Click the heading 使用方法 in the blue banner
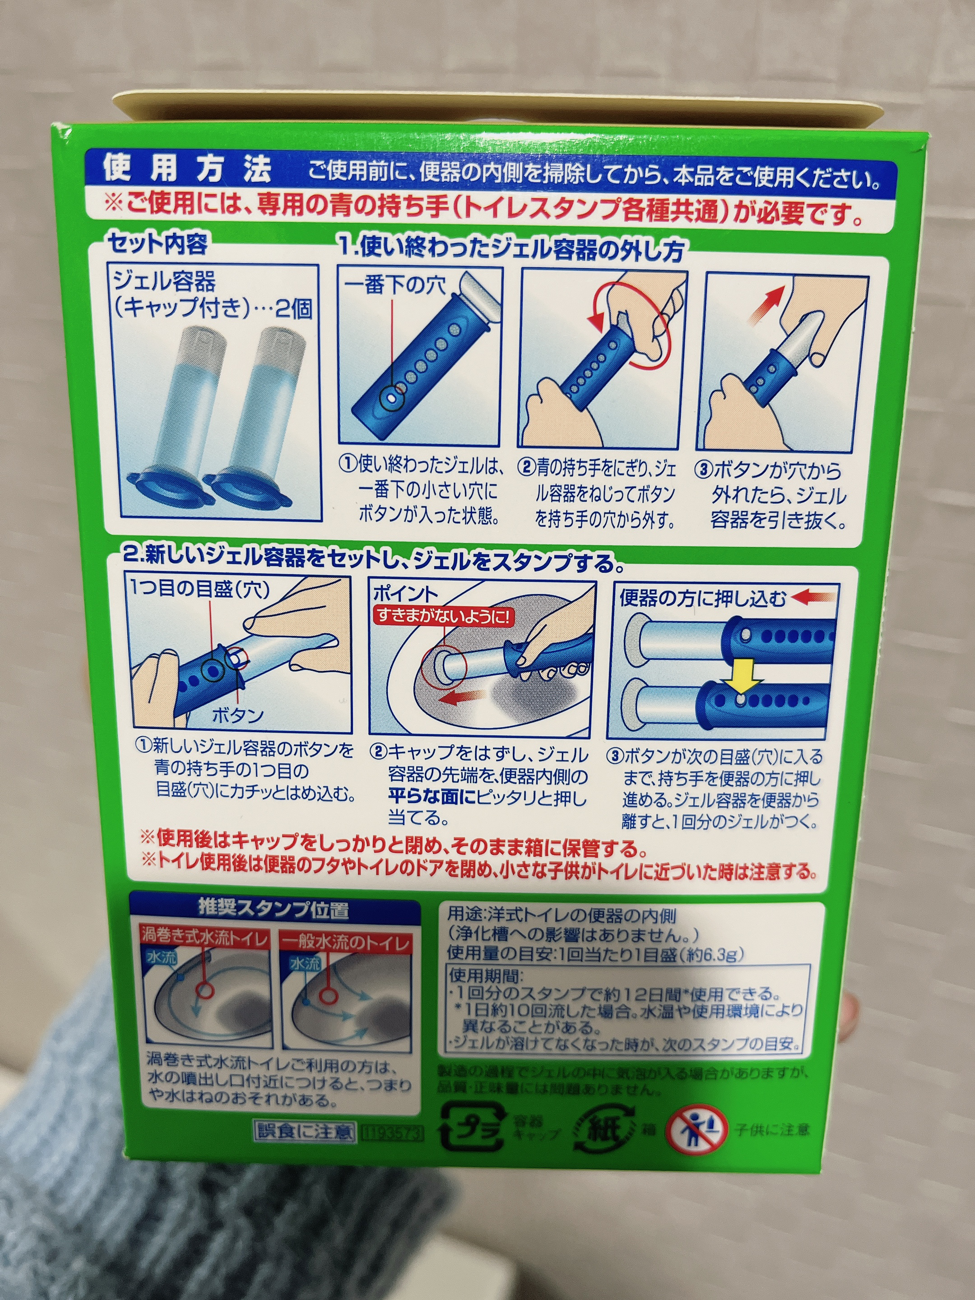[x=187, y=169]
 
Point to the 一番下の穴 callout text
[x=395, y=286]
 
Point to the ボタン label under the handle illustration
[x=237, y=715]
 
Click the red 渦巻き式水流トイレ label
[x=204, y=936]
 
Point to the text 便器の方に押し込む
[x=702, y=598]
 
